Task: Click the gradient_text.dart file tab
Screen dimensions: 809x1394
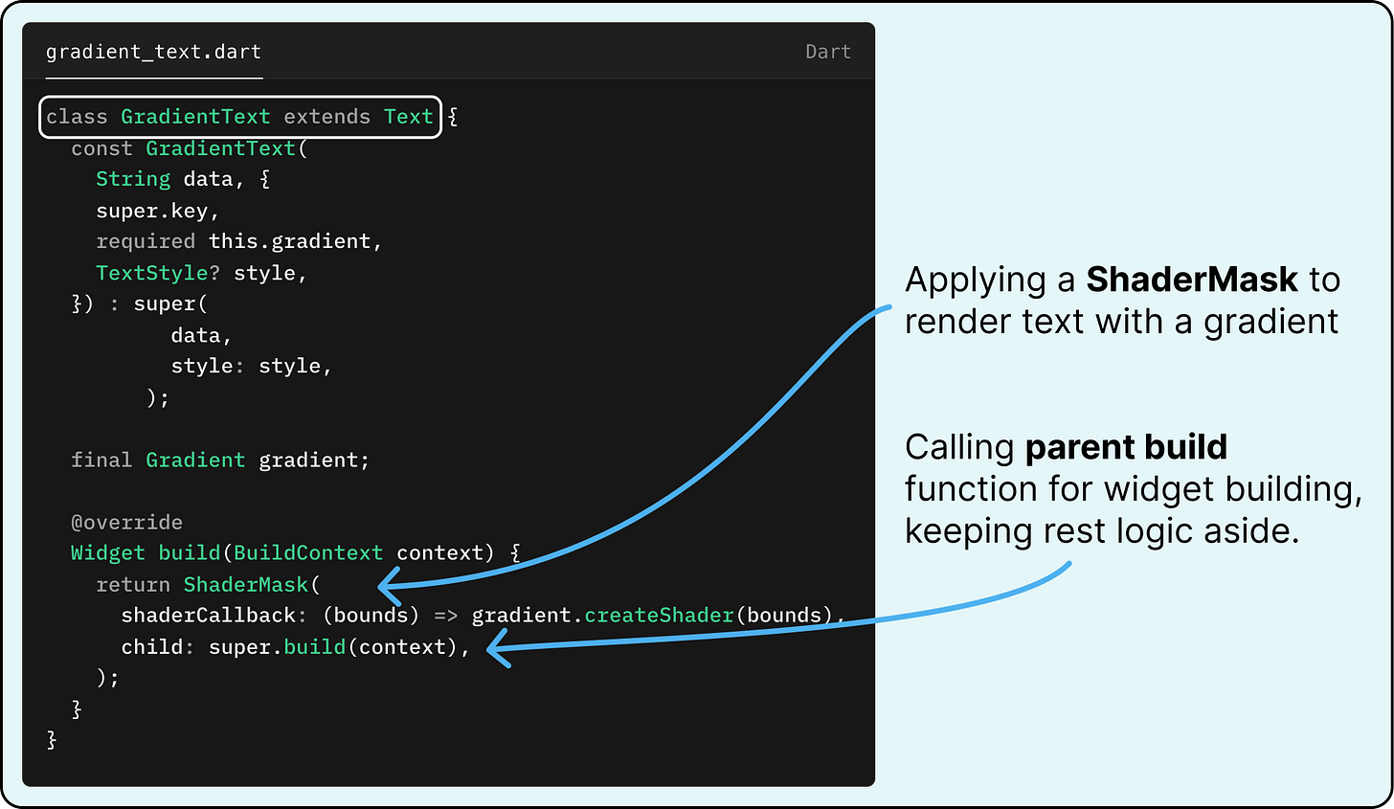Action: click(153, 52)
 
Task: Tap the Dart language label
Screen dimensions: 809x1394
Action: click(827, 52)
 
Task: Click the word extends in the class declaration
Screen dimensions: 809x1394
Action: click(326, 117)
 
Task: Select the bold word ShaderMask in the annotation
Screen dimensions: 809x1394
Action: click(1192, 280)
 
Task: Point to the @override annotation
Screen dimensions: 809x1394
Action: click(126, 522)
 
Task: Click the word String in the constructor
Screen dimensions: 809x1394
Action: click(133, 179)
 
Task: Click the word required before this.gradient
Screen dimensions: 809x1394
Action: click(146, 241)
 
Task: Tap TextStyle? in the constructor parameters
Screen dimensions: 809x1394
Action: click(157, 273)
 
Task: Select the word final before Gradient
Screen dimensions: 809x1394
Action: click(101, 460)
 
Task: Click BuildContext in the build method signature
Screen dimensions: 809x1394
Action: click(308, 552)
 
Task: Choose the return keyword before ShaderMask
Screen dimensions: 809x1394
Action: click(133, 584)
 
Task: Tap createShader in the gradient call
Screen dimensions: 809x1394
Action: click(659, 615)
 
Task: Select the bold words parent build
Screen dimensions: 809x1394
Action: click(1126, 447)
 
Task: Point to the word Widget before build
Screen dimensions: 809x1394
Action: click(108, 552)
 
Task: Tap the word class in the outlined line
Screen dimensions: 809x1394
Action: click(77, 117)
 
